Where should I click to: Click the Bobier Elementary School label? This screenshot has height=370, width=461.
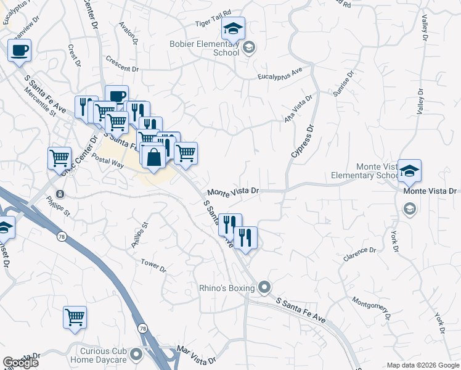tap(205, 48)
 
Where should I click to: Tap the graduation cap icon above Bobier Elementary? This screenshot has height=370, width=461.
tap(234, 28)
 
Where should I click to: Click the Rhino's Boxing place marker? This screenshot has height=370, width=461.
tap(265, 287)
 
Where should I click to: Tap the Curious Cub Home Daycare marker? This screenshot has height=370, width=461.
tap(137, 355)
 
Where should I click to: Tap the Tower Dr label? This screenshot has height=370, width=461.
tap(153, 266)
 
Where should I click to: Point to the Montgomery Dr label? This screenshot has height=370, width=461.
tap(371, 307)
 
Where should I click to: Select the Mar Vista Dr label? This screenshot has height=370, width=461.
tap(196, 355)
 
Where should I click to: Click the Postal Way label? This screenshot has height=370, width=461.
tap(104, 161)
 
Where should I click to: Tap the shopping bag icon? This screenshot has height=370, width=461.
tap(154, 156)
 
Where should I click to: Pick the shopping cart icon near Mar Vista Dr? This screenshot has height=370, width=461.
tap(75, 317)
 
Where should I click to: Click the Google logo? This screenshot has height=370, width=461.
tap(20, 363)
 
